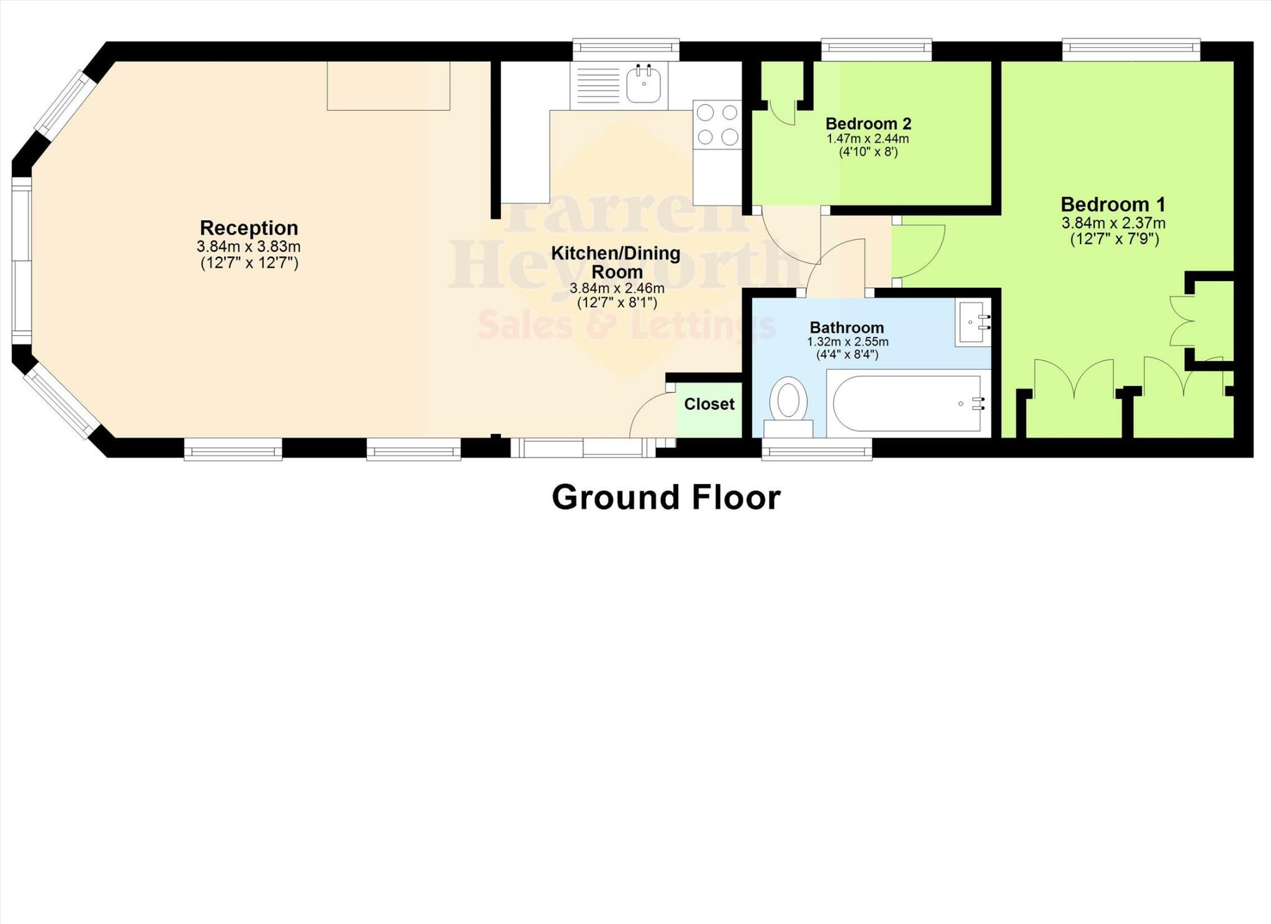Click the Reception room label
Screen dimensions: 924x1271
point(249,228)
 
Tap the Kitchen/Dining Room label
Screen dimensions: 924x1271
point(616,262)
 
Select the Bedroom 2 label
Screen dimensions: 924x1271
point(868,123)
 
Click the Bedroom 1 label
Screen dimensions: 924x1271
point(1113,204)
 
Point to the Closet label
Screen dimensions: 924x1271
point(709,404)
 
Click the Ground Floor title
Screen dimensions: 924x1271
point(666,498)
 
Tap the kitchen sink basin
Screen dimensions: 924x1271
point(644,85)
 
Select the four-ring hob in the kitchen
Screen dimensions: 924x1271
point(717,124)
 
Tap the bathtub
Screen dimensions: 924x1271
point(906,403)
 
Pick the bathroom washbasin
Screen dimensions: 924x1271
point(973,322)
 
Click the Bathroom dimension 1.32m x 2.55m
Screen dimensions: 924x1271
point(847,342)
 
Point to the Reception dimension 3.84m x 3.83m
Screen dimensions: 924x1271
point(249,246)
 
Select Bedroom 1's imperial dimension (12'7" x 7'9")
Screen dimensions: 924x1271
point(1115,239)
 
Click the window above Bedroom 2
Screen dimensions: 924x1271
point(876,50)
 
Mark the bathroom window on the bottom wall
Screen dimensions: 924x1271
point(817,449)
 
